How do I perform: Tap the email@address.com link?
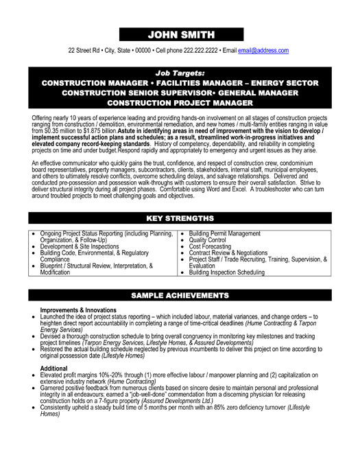click(263, 51)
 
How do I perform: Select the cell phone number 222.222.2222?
click(200, 51)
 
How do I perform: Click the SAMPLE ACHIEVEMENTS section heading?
click(180, 277)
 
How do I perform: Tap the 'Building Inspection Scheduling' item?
click(226, 272)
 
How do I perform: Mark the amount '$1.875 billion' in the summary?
click(96, 130)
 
